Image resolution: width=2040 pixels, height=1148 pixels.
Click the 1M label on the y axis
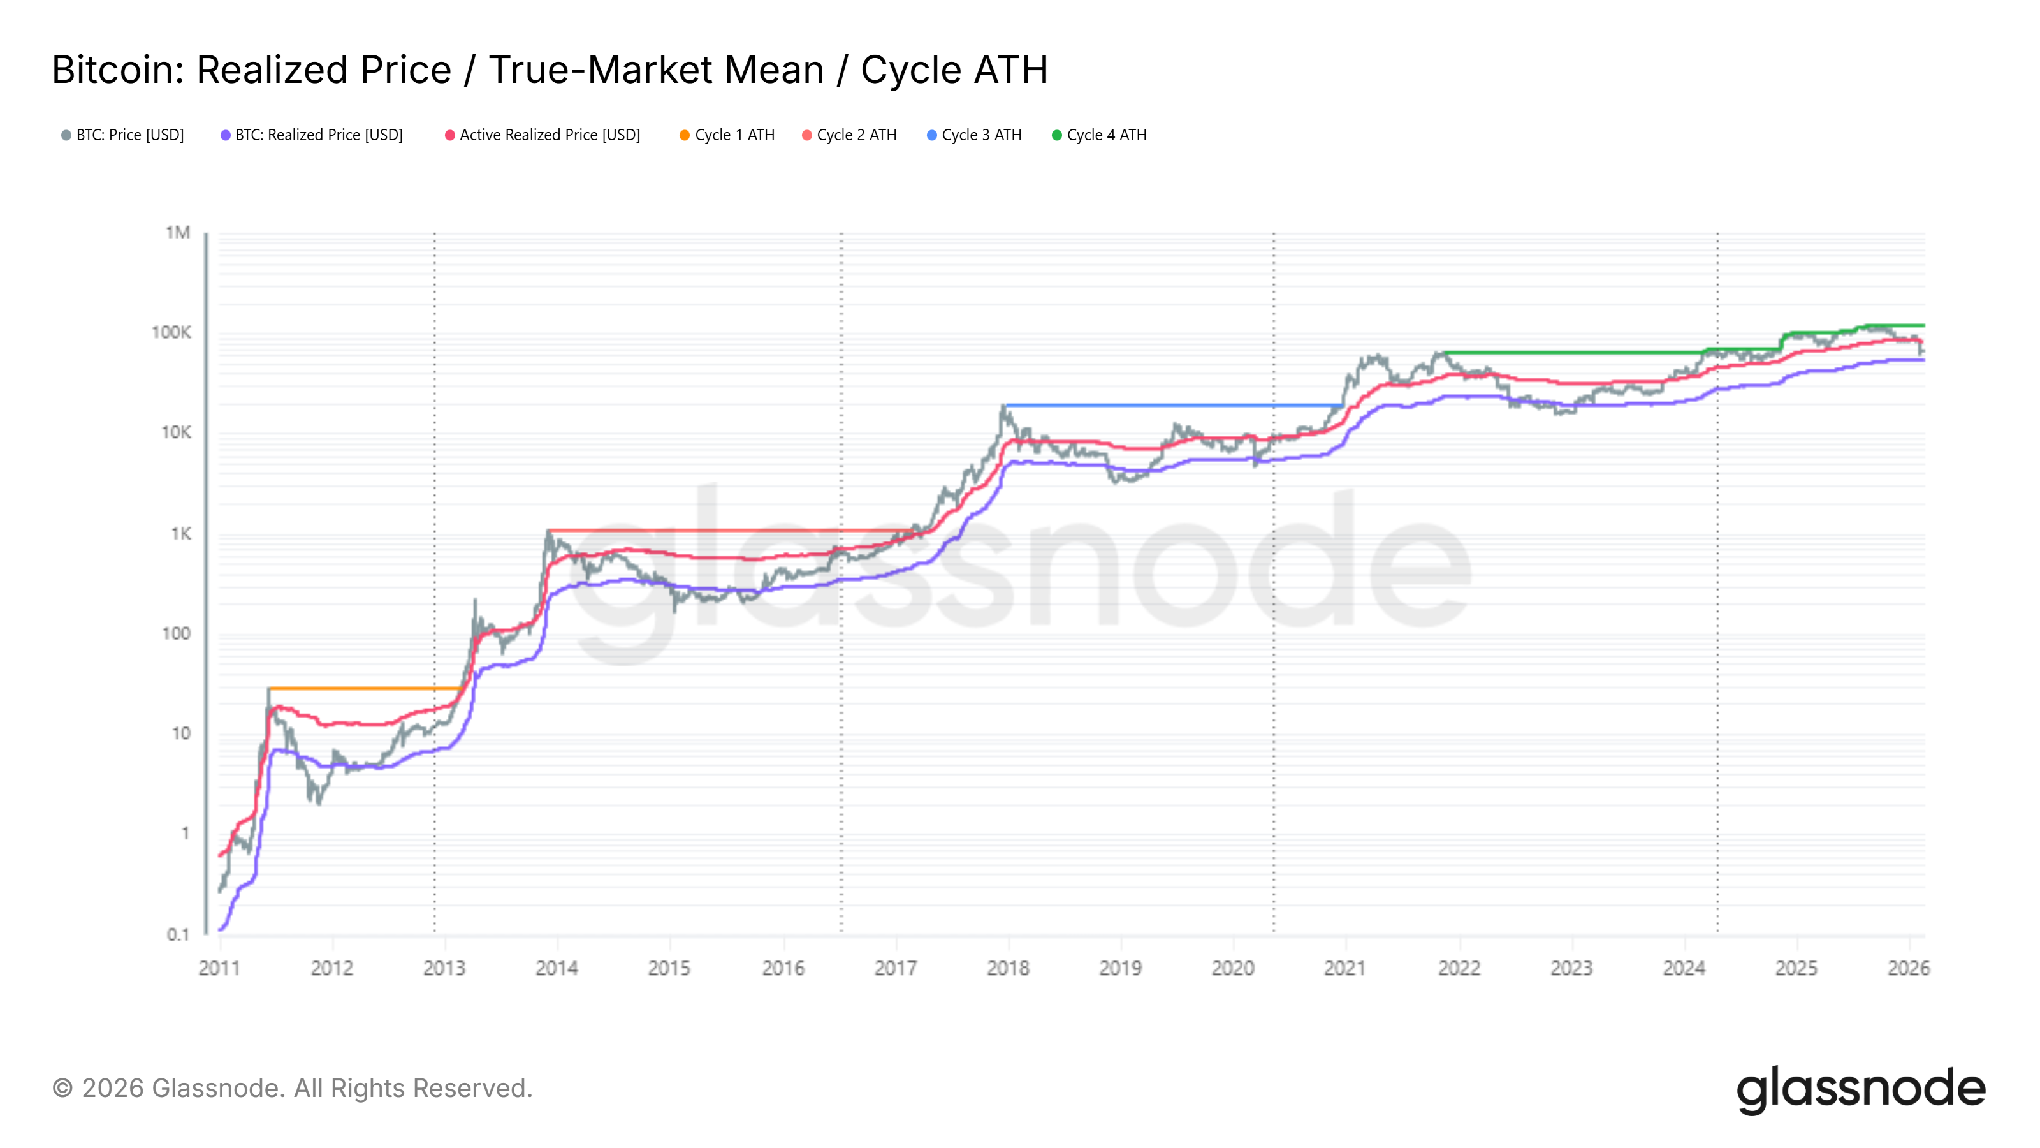click(177, 233)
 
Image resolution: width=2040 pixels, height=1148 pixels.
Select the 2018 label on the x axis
click(1008, 968)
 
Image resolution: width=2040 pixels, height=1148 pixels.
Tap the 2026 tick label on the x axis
click(1909, 968)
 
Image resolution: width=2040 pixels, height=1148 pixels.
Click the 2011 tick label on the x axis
click(219, 968)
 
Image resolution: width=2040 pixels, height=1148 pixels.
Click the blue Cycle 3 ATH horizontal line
click(1172, 406)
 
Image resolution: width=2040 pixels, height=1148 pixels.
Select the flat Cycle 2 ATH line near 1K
click(729, 530)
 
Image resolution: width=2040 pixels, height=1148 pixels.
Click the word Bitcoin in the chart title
click(117, 70)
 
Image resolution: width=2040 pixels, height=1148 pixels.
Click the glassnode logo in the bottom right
click(1861, 1089)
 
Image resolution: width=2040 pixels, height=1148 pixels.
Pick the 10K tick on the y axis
click(176, 432)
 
